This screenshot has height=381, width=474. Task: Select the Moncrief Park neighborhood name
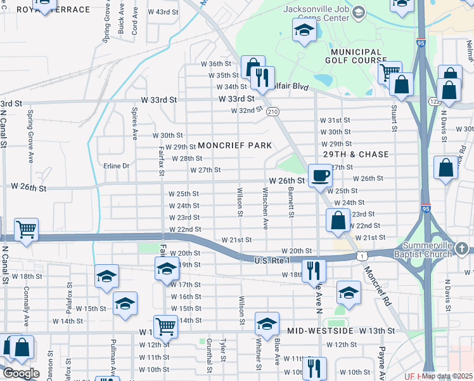coord(234,145)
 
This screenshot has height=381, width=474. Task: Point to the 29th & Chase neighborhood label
coord(356,154)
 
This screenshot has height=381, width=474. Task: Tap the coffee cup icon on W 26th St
coord(320,175)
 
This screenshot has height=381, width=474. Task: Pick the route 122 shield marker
coord(435,101)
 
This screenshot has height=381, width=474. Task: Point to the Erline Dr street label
coord(115,166)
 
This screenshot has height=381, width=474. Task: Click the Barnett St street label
coord(291,201)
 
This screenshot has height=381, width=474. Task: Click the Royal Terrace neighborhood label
coord(53,10)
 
